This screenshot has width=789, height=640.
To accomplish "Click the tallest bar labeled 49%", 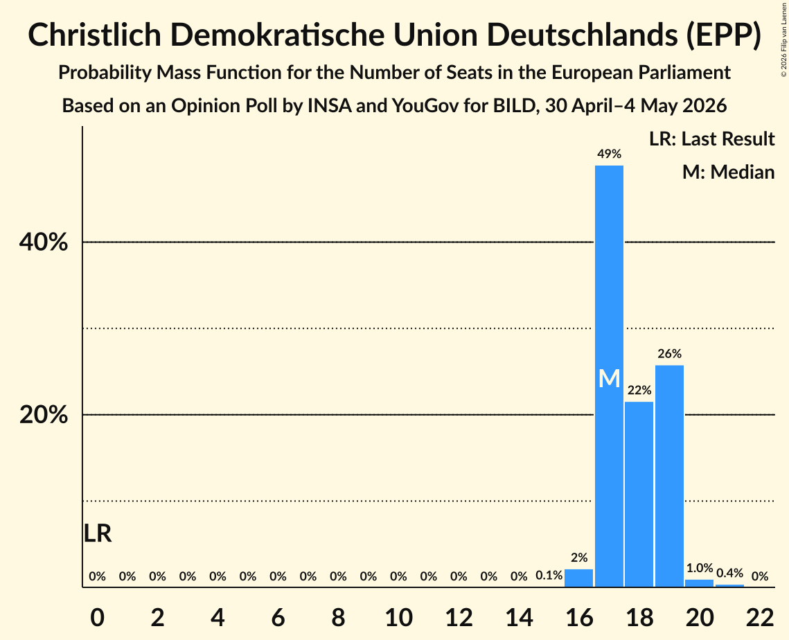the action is pyautogui.click(x=609, y=376).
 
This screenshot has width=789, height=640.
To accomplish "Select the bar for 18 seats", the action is pyautogui.click(x=639, y=494).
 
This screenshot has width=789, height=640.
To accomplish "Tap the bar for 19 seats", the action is pyautogui.click(x=669, y=476).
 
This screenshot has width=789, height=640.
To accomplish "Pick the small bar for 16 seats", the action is pyautogui.click(x=578, y=578).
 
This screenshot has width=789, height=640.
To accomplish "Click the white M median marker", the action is pyautogui.click(x=610, y=378).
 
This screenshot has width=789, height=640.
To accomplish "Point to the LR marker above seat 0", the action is pyautogui.click(x=98, y=533).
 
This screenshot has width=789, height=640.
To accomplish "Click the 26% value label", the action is pyautogui.click(x=669, y=354).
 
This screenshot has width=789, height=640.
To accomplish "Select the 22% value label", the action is pyautogui.click(x=639, y=390).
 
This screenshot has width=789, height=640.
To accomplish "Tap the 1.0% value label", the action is pyautogui.click(x=700, y=568).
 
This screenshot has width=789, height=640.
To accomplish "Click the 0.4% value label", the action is pyautogui.click(x=729, y=573).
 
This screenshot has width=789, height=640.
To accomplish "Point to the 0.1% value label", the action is pyautogui.click(x=549, y=576).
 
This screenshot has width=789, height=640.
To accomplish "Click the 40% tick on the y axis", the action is pyautogui.click(x=44, y=242).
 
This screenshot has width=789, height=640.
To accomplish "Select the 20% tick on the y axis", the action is pyautogui.click(x=44, y=415).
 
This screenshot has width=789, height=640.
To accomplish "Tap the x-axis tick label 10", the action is pyautogui.click(x=398, y=617).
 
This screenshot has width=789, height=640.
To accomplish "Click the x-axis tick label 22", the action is pyautogui.click(x=760, y=617).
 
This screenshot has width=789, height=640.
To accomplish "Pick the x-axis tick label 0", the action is pyautogui.click(x=98, y=617).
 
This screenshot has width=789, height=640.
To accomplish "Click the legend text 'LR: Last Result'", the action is pyautogui.click(x=711, y=139).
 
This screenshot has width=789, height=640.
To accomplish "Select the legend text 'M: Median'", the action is pyautogui.click(x=728, y=172).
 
